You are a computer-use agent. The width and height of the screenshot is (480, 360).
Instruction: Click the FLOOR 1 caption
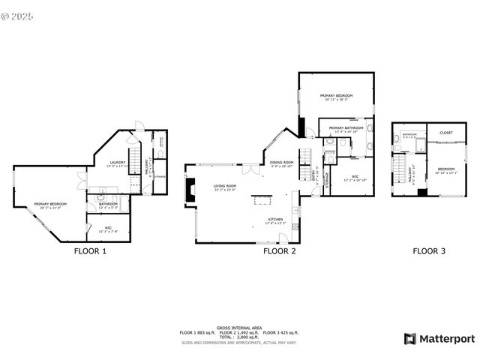click(90, 252)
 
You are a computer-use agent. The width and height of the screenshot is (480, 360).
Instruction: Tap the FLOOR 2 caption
click(280, 252)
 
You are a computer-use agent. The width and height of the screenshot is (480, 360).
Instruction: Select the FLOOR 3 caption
click(429, 252)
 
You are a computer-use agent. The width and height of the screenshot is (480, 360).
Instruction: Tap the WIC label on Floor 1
click(109, 229)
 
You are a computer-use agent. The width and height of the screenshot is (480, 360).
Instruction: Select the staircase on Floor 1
click(136, 161)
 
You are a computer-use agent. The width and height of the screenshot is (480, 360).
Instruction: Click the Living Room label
click(224, 187)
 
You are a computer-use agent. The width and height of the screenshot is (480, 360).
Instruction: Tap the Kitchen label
click(276, 220)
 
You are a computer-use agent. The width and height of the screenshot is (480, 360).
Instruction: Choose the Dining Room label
click(281, 163)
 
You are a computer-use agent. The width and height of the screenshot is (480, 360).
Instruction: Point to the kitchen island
click(262, 199)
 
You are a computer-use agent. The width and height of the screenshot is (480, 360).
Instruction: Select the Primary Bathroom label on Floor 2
click(346, 129)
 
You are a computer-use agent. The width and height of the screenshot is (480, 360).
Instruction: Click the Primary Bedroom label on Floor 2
click(337, 97)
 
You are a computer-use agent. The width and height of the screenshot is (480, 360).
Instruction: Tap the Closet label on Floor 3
click(446, 133)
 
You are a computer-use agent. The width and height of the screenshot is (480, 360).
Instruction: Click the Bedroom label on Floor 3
click(446, 169)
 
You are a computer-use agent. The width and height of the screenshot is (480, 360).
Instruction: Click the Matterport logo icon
click(410, 338)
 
